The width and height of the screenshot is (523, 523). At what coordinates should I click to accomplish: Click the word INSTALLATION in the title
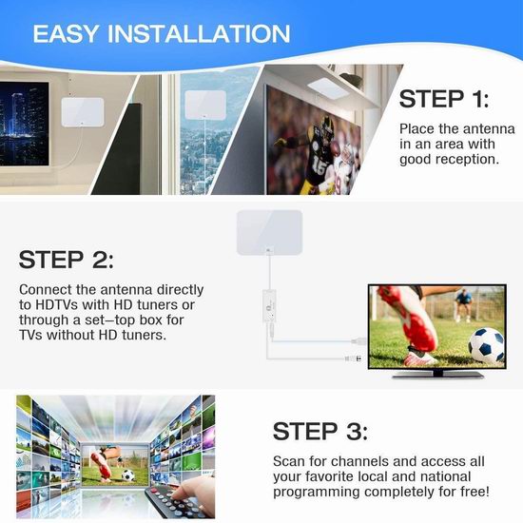(199, 33)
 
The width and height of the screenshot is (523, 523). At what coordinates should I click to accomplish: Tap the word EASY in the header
(66, 33)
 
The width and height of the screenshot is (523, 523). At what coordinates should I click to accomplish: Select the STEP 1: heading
(444, 99)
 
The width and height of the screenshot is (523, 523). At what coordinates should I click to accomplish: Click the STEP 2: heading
(66, 260)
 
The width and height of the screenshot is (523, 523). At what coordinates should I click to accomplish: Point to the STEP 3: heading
(320, 431)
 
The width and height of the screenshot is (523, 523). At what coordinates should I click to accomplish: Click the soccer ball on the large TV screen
(486, 345)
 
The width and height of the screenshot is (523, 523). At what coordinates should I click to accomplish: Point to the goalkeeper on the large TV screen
(463, 305)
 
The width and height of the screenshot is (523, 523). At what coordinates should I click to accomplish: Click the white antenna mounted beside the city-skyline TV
(83, 112)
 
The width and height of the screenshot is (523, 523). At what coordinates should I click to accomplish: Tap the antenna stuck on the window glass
(205, 105)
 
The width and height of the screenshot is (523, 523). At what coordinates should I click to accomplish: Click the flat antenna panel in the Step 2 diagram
(269, 232)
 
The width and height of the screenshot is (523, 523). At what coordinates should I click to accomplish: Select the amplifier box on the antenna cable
(270, 306)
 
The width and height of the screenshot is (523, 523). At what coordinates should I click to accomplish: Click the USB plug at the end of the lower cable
(353, 358)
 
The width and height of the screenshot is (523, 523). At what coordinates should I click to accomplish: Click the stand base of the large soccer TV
(437, 376)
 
